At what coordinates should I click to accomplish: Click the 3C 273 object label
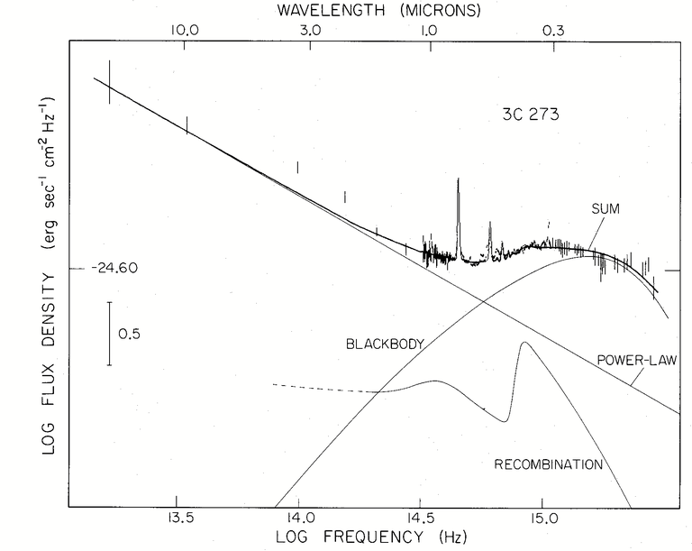coord(531,115)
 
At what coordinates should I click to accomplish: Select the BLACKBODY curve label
coord(385,344)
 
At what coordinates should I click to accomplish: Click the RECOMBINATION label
coord(549,464)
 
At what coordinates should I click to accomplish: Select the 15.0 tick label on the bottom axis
coord(542,518)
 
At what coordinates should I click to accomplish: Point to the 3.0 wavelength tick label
coord(310,31)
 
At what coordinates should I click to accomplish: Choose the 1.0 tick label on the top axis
coord(428,31)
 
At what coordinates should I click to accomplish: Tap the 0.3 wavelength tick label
coord(553,31)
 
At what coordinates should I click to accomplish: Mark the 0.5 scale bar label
coord(130,334)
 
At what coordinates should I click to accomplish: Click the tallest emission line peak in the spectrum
coord(458,179)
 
